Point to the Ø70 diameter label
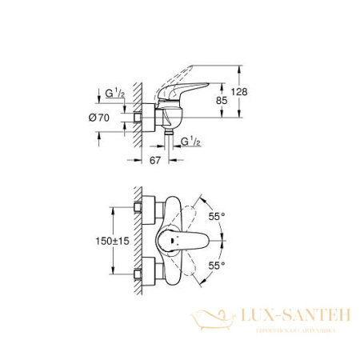[x=99, y=117]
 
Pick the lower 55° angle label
[x=236, y=264]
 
